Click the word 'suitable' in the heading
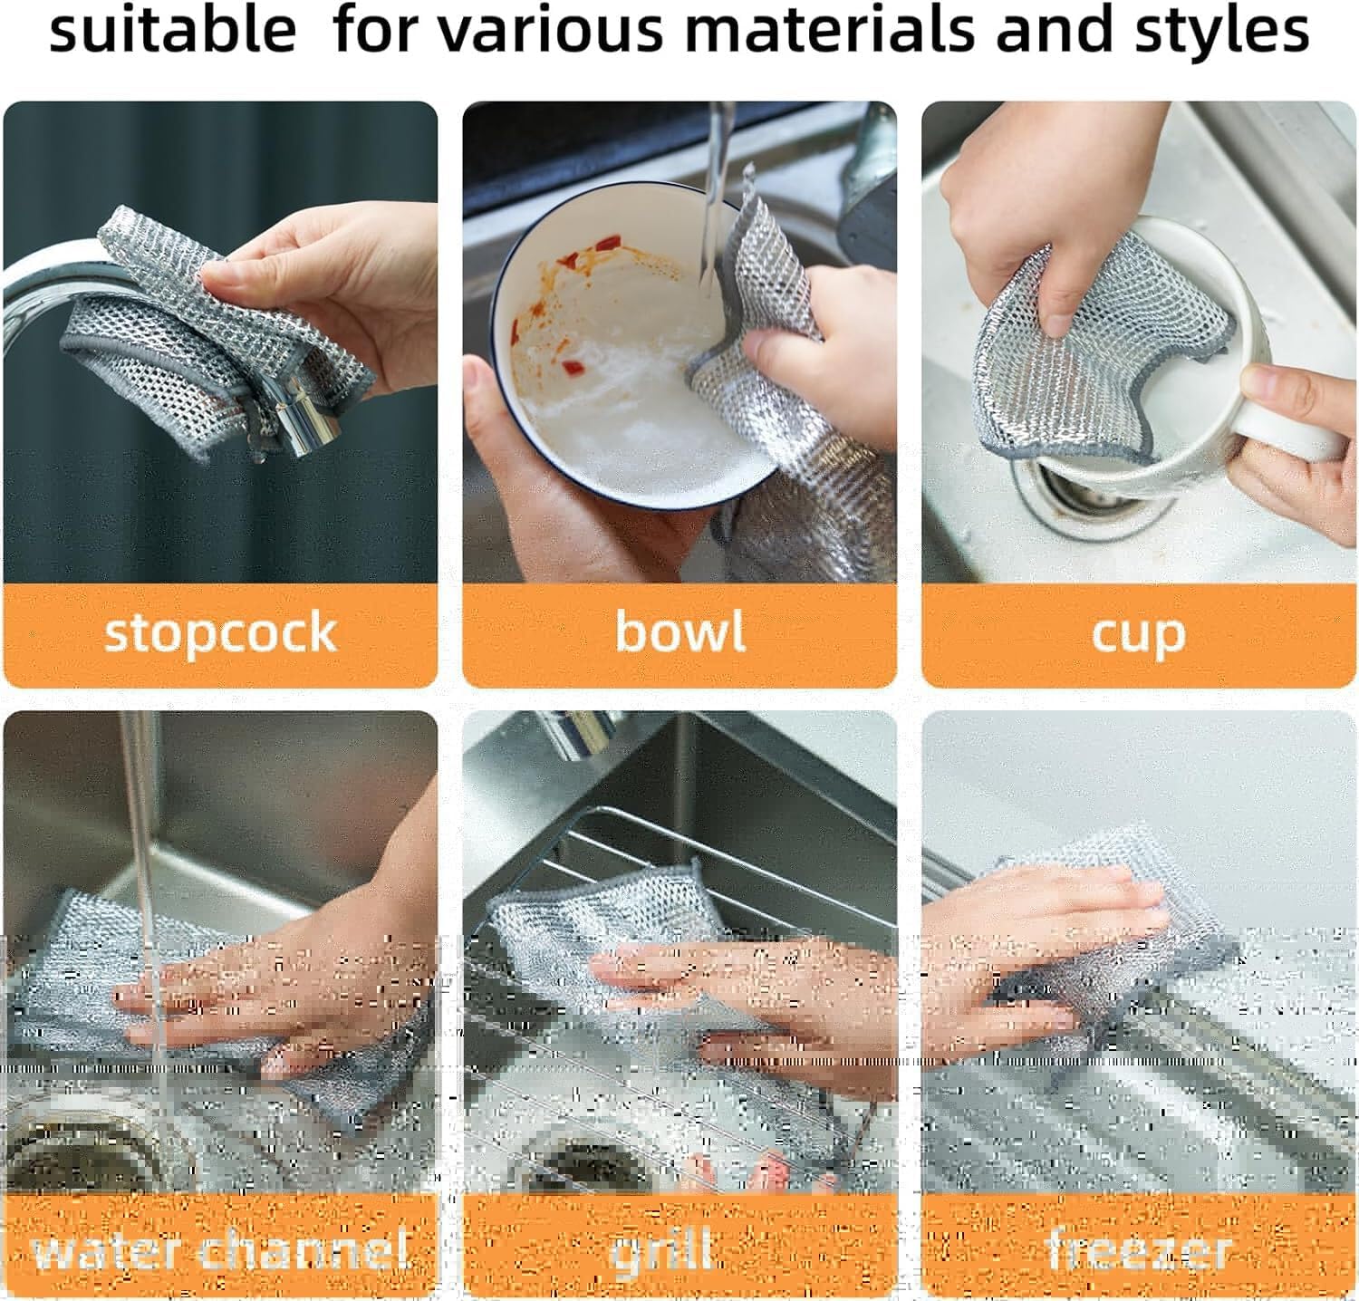point(172,32)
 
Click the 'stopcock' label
point(220,633)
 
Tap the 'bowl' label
point(679,631)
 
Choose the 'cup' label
point(1138,633)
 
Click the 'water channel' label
point(220,1251)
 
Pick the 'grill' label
point(661,1251)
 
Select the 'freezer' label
point(1138,1251)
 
